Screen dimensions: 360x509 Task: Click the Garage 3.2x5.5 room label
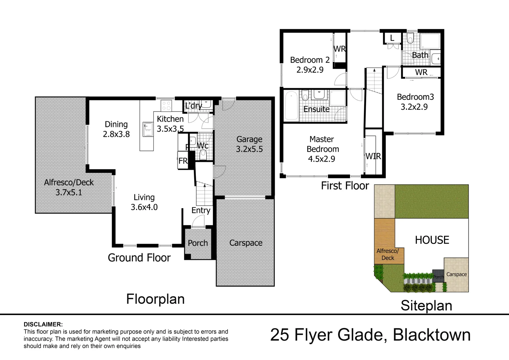pyautogui.click(x=249, y=144)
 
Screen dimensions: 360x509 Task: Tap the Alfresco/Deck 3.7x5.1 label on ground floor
pyautogui.click(x=69, y=187)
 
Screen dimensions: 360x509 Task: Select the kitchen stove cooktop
pyautogui.click(x=166, y=106)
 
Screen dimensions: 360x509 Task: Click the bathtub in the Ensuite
pyautogui.click(x=292, y=106)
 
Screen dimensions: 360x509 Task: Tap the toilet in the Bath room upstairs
pyautogui.click(x=410, y=38)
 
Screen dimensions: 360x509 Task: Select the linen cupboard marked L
pyautogui.click(x=392, y=38)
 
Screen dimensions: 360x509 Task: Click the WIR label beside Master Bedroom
pyautogui.click(x=373, y=156)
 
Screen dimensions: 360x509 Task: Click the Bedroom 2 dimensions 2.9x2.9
pyautogui.click(x=310, y=70)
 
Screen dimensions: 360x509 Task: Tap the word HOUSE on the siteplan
pyautogui.click(x=432, y=240)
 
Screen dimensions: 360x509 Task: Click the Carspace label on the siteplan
pyautogui.click(x=456, y=274)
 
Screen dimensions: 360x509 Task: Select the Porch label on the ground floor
pyautogui.click(x=198, y=243)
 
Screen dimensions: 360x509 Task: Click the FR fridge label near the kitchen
pyautogui.click(x=183, y=161)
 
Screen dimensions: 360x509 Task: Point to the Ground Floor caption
pyautogui.click(x=139, y=258)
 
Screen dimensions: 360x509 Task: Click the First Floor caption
pyautogui.click(x=345, y=186)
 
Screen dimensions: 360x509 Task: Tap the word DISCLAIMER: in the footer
pyautogui.click(x=43, y=324)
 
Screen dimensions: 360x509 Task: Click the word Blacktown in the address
pyautogui.click(x=432, y=335)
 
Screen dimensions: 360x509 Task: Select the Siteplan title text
pyautogui.click(x=426, y=306)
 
